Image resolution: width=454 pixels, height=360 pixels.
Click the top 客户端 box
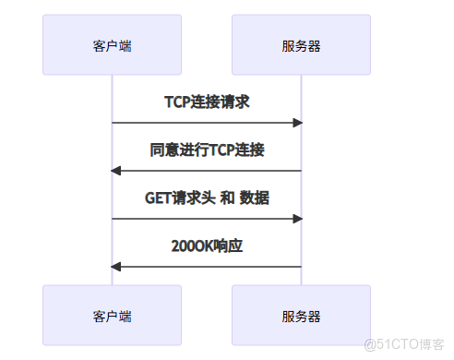point(113,45)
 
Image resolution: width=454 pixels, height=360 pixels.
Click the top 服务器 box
point(301,45)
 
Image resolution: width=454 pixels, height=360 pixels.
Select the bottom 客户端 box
point(113,316)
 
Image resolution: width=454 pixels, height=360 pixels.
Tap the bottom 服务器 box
point(301,316)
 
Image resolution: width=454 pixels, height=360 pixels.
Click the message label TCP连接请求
point(207,102)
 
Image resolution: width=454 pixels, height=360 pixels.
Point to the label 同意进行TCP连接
point(207,150)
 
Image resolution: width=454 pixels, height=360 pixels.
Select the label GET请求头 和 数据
point(207,198)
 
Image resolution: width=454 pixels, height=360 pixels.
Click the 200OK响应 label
point(207,246)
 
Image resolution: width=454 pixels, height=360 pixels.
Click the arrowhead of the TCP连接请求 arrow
point(298,123)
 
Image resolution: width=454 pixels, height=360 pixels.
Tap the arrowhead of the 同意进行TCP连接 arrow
point(115,171)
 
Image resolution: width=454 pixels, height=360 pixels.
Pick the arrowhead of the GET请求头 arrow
point(298,219)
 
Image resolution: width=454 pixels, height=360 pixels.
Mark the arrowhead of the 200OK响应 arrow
point(115,267)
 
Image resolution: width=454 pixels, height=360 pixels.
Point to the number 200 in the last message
point(182,246)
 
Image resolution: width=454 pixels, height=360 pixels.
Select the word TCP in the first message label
point(177,102)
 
